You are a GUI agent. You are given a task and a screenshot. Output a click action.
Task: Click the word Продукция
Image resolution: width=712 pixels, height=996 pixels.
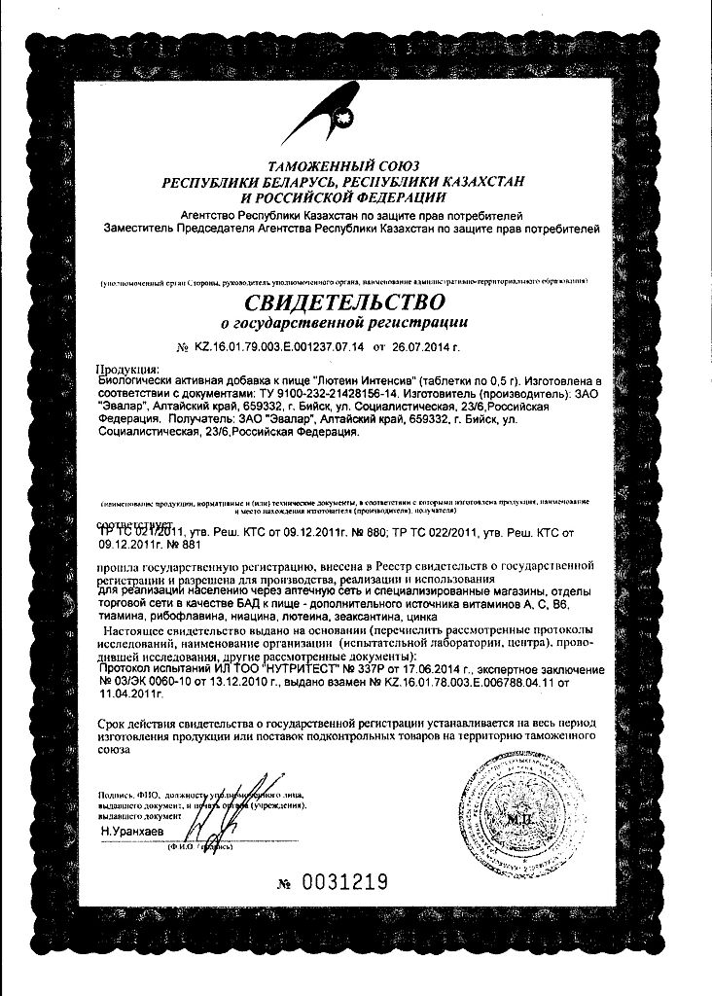click(127, 369)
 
